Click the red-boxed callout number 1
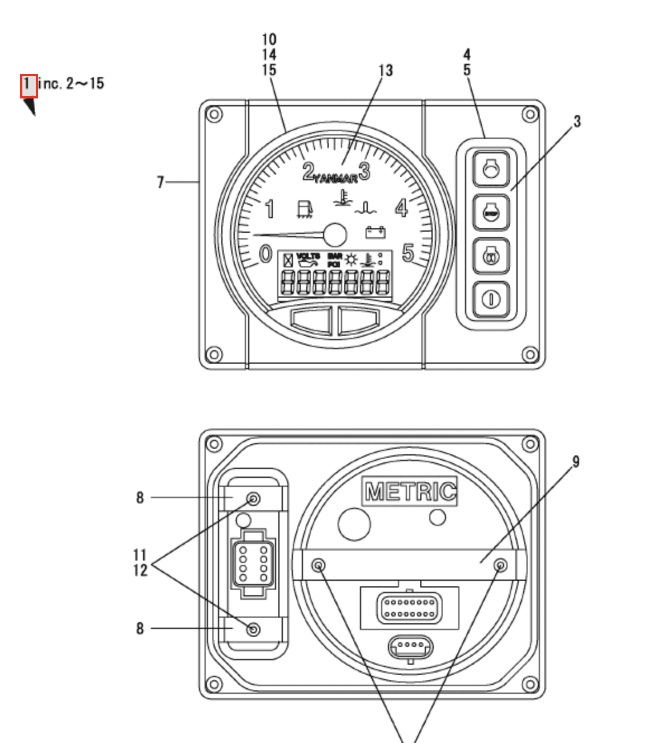(29, 86)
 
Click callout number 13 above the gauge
(386, 70)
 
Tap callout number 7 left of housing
(160, 182)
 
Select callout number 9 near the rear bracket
(576, 462)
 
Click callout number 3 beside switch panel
(577, 121)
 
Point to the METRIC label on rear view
(410, 492)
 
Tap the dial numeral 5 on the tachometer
(408, 253)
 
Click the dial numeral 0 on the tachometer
(265, 253)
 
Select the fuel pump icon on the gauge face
(303, 209)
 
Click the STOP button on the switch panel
(491, 213)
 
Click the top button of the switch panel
(491, 168)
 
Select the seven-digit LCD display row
(335, 283)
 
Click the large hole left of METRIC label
(354, 524)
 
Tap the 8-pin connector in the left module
(253, 562)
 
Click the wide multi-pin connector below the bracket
(409, 608)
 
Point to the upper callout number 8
(140, 497)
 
